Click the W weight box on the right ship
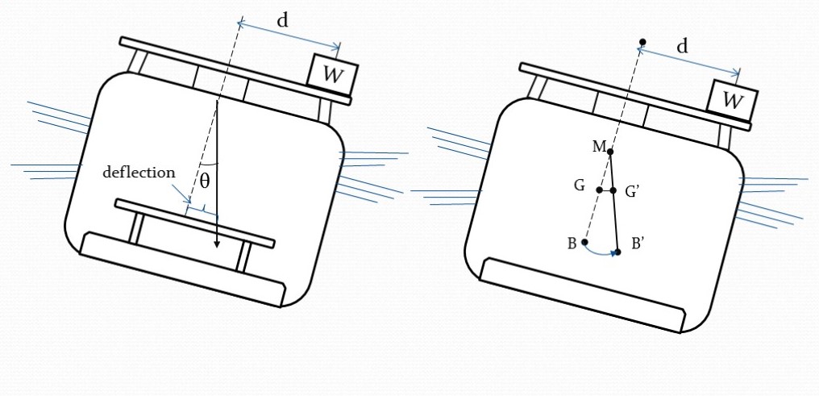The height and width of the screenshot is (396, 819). click(732, 100)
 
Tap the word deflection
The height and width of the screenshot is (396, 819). click(139, 173)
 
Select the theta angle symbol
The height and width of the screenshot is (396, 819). click(205, 181)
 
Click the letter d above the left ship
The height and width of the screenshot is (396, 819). click(283, 21)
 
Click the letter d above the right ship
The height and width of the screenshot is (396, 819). click(683, 47)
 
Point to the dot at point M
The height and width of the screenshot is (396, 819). click(610, 152)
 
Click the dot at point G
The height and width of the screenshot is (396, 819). click(599, 190)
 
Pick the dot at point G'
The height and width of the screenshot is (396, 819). click(613, 190)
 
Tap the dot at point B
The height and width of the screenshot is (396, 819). click(584, 242)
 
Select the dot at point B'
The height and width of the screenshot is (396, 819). click(618, 252)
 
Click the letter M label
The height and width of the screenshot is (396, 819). click(598, 145)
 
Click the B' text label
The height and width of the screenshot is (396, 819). click(637, 244)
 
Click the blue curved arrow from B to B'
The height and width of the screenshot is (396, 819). click(601, 252)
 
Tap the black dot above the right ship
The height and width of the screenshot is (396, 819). click(642, 42)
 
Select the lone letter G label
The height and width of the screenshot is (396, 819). click(579, 186)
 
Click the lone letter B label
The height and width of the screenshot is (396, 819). click(571, 244)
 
